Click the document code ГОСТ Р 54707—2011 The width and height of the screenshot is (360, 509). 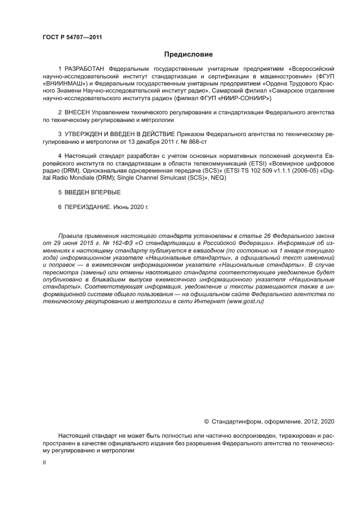[x=72, y=38]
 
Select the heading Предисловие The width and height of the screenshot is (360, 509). [x=189, y=54]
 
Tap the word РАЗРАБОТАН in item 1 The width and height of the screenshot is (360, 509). [x=85, y=70]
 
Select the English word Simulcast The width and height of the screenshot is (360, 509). [x=172, y=177]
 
